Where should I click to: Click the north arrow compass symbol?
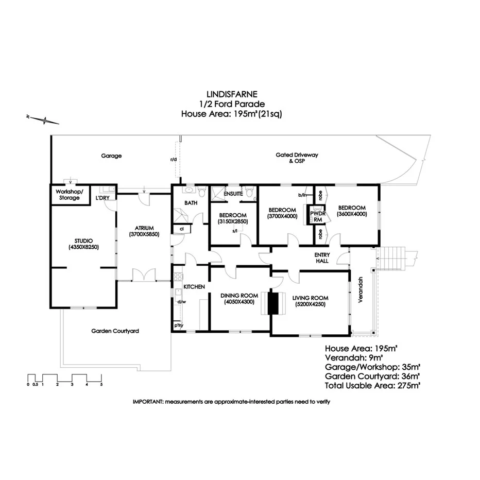(45, 121)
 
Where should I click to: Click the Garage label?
(111, 156)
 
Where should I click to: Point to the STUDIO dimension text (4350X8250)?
(82, 247)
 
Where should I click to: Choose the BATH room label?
(191, 203)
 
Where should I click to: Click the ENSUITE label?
(233, 186)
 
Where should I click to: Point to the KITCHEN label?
(194, 286)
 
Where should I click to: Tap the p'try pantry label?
(179, 325)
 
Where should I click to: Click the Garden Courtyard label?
(115, 331)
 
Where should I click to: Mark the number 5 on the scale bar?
(101, 384)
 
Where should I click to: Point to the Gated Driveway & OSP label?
(297, 158)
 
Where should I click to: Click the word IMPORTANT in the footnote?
(147, 401)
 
